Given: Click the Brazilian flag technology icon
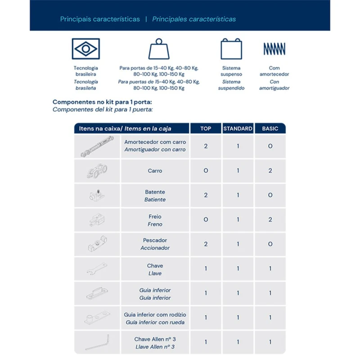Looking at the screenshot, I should (85, 49).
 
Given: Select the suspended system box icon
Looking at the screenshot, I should (231, 49).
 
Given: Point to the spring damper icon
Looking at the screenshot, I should (274, 49).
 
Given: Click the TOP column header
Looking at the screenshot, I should (206, 129).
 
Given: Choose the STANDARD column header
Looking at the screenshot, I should (238, 129).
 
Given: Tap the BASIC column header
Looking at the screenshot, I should (270, 129).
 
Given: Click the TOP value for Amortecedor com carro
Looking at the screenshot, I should (206, 146).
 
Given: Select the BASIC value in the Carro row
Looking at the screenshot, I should (270, 171).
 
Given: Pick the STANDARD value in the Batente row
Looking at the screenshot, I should (238, 195).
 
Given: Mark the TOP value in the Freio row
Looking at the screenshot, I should (206, 220).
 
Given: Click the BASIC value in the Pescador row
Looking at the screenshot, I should (270, 244).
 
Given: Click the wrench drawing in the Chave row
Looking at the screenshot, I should (97, 269).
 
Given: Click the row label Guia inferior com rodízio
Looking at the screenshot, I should (155, 315).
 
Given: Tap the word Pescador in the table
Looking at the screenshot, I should (155, 240).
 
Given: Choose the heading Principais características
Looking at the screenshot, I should (100, 19).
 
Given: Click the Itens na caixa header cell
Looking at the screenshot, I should (100, 129).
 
